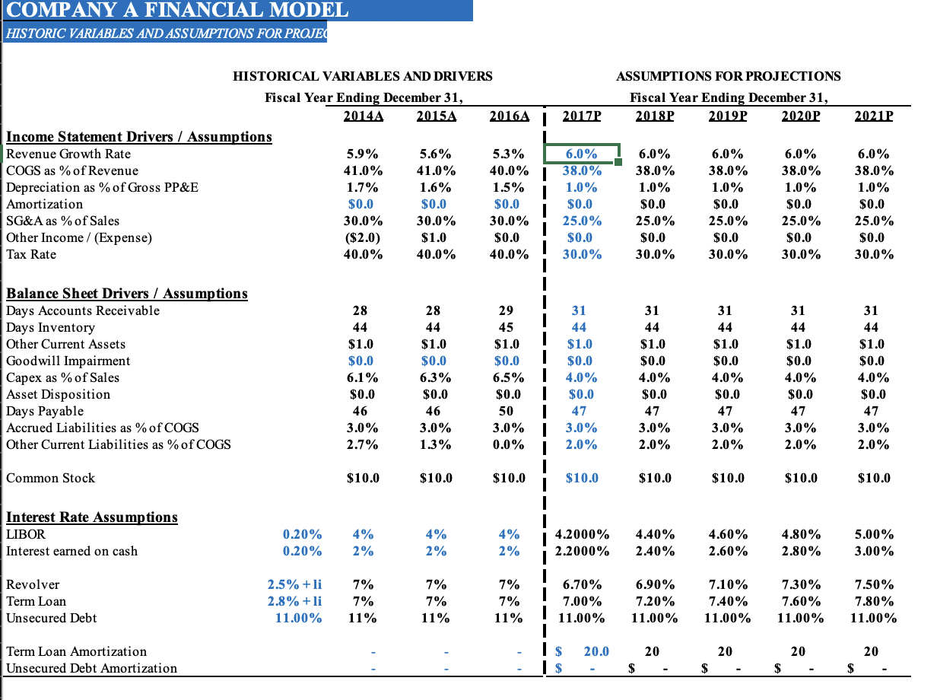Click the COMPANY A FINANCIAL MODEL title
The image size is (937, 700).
tap(177, 10)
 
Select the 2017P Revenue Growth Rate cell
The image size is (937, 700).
tap(582, 153)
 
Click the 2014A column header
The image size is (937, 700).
tap(363, 116)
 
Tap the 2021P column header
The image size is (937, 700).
tap(874, 116)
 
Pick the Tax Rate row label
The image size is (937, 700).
tap(31, 254)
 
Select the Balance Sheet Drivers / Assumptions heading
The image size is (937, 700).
tap(127, 293)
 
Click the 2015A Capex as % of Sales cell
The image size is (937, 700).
tap(436, 377)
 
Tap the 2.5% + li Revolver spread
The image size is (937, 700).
tap(294, 584)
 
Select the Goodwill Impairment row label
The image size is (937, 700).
tap(68, 361)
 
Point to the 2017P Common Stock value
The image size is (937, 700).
tap(582, 478)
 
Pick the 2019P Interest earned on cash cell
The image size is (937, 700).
tap(726, 551)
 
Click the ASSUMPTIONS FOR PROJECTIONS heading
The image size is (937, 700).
tap(728, 76)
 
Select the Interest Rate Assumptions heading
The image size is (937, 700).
tap(92, 517)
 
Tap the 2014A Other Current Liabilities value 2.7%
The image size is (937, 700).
tap(363, 444)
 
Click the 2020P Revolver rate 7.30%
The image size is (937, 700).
tap(799, 584)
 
